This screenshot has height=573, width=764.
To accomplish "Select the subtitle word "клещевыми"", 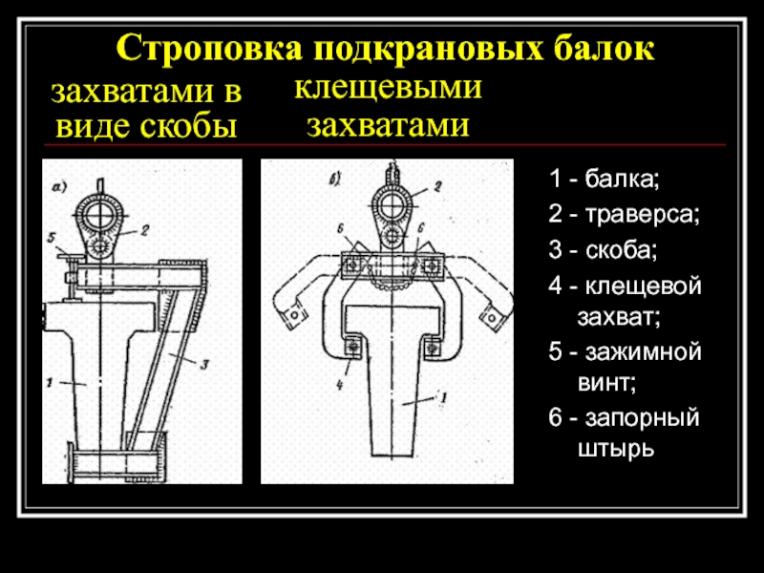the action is [387, 90].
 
